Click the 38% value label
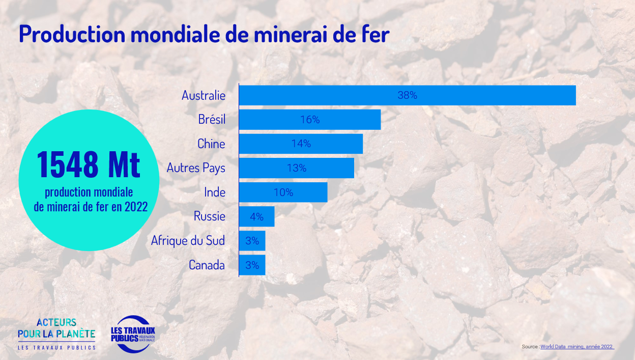click(x=407, y=95)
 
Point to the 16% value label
click(x=310, y=120)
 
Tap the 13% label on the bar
click(x=297, y=168)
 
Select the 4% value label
click(x=256, y=217)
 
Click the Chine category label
click(x=211, y=144)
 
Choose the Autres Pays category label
click(x=196, y=168)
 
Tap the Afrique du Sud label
click(x=188, y=240)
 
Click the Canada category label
click(x=207, y=265)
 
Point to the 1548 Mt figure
click(x=89, y=164)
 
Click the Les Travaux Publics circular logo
click(x=133, y=334)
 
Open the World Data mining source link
click(x=576, y=347)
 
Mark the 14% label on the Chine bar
click(x=301, y=144)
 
